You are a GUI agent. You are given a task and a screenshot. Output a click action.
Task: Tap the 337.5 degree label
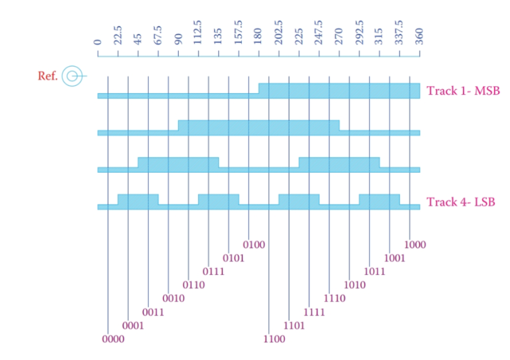tap(400, 33)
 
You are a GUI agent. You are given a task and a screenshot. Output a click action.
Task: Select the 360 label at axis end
tap(420, 37)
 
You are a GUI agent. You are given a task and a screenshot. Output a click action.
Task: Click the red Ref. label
tap(48, 76)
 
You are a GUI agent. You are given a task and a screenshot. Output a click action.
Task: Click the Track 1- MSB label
tap(463, 91)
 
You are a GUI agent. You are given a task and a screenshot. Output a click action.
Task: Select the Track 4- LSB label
tap(462, 201)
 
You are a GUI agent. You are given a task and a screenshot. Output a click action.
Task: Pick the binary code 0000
tap(113, 339)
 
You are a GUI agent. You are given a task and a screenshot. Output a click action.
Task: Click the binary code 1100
tap(274, 339)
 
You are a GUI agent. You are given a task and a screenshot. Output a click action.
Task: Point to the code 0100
tap(254, 244)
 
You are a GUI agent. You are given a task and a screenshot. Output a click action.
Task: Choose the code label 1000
tap(415, 244)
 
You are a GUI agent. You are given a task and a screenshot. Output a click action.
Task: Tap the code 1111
tap(314, 312)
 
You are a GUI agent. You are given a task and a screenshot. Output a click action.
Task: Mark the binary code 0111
tap(213, 272)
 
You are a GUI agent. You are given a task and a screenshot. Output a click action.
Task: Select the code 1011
tap(375, 272)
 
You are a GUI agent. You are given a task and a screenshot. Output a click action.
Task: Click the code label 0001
tap(133, 325)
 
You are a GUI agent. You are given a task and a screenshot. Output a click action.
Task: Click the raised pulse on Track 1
tap(339, 90)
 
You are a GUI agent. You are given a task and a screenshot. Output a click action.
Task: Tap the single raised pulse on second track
tap(258, 126)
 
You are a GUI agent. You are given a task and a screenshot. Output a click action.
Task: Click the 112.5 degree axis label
tap(198, 33)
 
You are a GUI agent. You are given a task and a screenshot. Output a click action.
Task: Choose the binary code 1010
tap(355, 285)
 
